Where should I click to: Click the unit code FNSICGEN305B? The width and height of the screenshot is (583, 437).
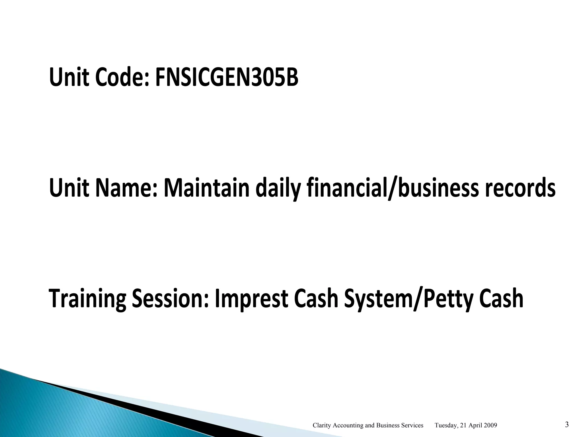point(227,78)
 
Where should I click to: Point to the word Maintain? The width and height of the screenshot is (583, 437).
point(207,188)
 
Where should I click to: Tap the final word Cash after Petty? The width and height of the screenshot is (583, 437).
point(501,299)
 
